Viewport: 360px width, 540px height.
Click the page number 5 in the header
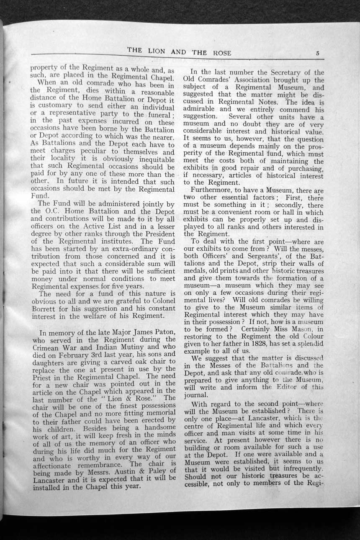pos(318,53)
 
